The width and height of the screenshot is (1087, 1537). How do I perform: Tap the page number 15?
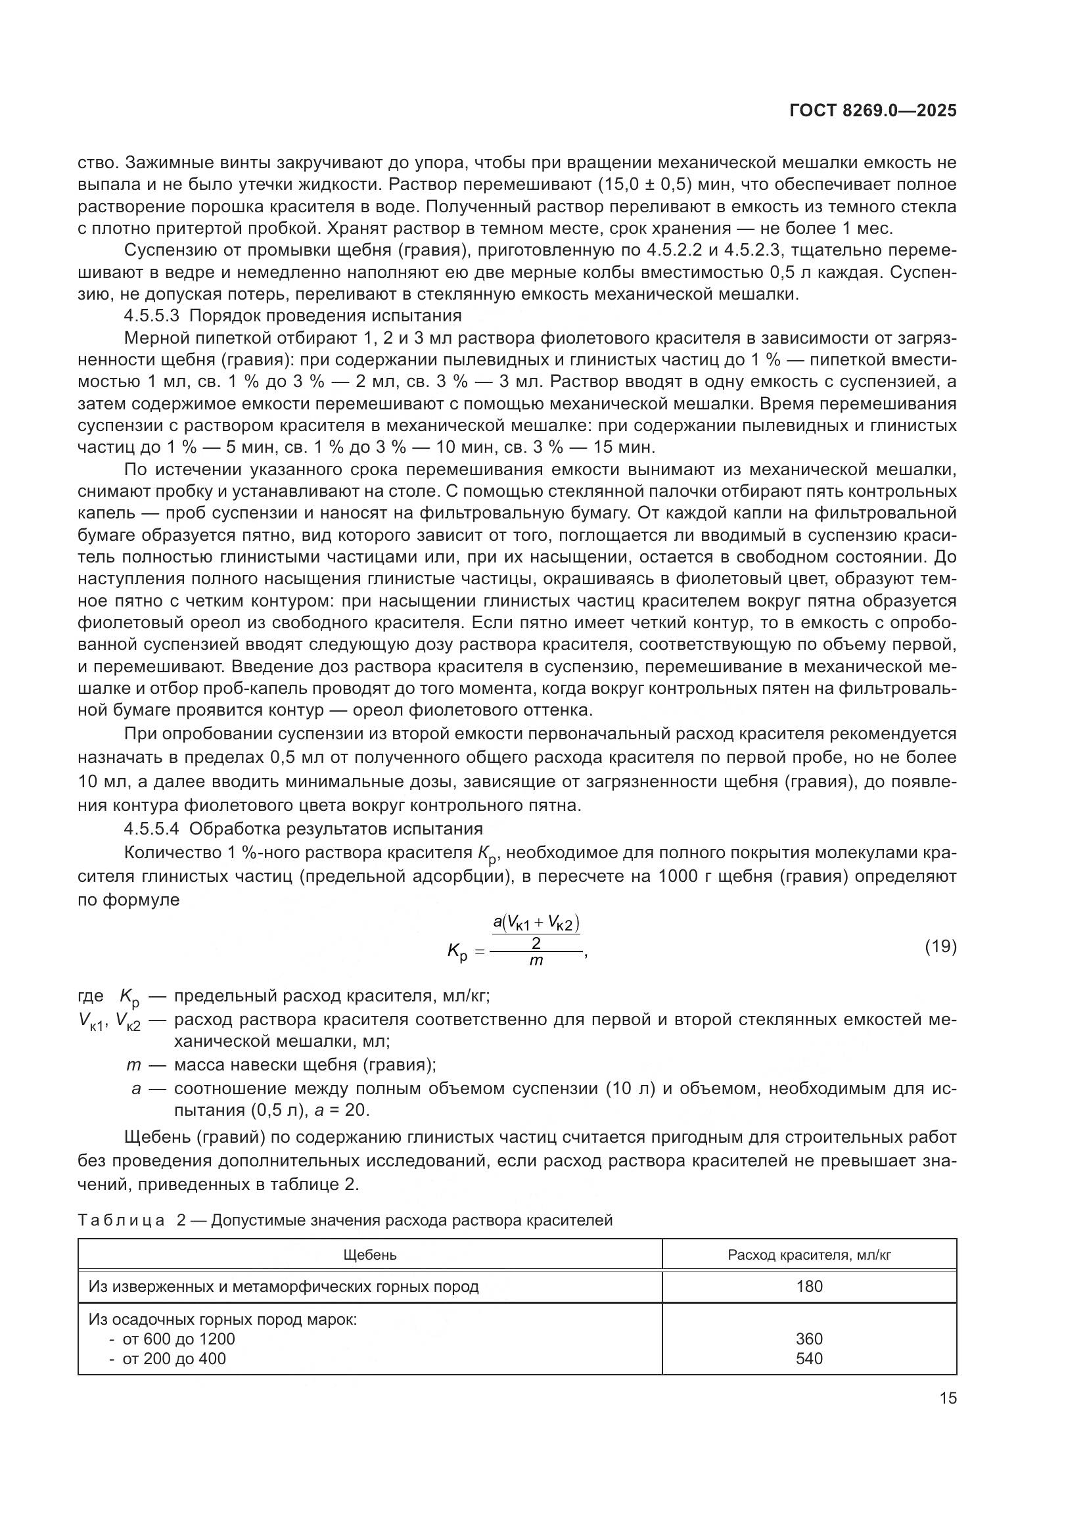tap(948, 1398)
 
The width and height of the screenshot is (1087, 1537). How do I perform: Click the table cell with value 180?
tap(809, 1287)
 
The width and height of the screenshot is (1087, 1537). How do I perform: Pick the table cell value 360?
tap(809, 1339)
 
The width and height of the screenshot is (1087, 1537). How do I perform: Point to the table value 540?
tap(809, 1358)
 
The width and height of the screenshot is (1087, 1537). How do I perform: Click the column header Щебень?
tap(369, 1255)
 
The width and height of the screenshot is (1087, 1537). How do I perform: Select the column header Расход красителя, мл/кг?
tap(809, 1255)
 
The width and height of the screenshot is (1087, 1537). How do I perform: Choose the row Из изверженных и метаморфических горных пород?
tap(284, 1287)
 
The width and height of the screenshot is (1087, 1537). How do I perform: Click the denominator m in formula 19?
tap(536, 961)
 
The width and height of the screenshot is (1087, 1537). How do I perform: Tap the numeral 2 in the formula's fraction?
tap(536, 943)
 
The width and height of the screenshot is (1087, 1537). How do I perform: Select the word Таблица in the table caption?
tap(121, 1220)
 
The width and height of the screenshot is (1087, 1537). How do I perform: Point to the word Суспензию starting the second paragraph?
tap(167, 250)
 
